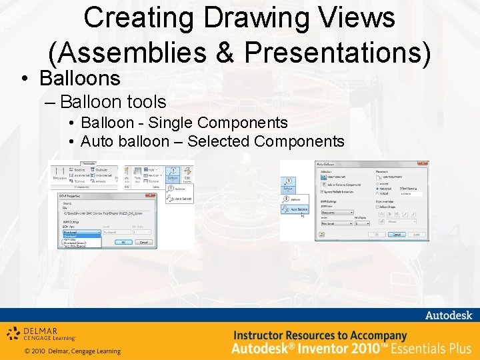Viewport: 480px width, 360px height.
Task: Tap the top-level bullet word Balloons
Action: pyautogui.click(x=79, y=78)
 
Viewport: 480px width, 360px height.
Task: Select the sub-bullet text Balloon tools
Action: pyautogui.click(x=113, y=102)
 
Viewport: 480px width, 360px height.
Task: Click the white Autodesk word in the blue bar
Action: pyautogui.click(x=448, y=315)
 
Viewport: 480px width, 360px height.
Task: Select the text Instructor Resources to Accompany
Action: pyautogui.click(x=320, y=335)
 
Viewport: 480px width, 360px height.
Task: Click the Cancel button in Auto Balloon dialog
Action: pyautogui.click(x=397, y=235)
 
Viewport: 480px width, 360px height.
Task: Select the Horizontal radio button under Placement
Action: pyautogui.click(x=377, y=189)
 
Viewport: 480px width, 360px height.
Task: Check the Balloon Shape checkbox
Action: pyautogui.click(x=377, y=206)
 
